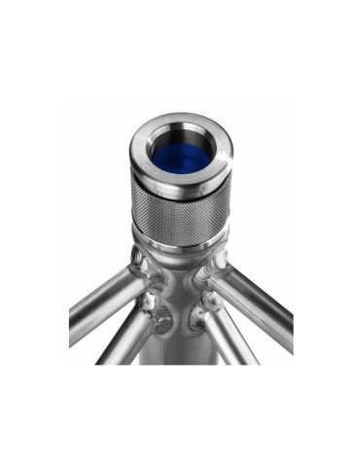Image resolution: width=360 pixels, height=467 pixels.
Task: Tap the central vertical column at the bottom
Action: (182, 345)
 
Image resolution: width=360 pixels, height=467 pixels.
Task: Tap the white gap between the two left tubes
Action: (92, 336)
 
